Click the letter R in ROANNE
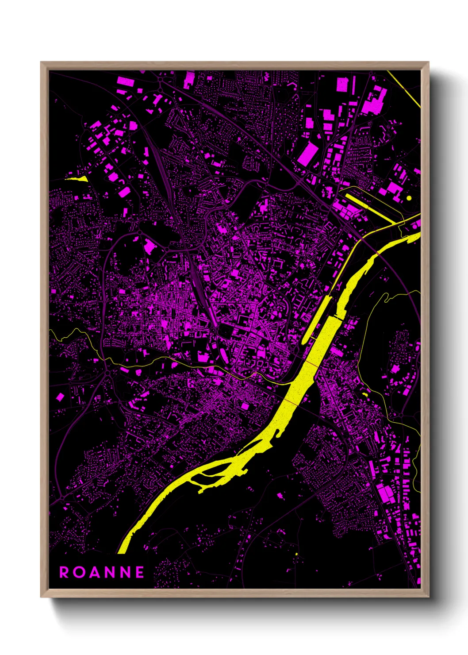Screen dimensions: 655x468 tap(64, 573)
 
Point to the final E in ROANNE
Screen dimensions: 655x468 tap(140, 573)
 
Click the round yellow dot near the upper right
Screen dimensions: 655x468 tap(409, 198)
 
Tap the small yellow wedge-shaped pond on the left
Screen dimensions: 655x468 tap(77, 179)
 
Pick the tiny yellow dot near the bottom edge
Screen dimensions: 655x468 tap(296, 554)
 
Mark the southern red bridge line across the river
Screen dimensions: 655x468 tap(291, 401)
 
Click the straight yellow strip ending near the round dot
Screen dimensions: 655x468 tap(369, 206)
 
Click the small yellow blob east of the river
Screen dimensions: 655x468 tap(365, 394)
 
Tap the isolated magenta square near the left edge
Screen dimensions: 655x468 tap(60, 397)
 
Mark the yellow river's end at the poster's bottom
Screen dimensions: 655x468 tap(123, 550)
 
